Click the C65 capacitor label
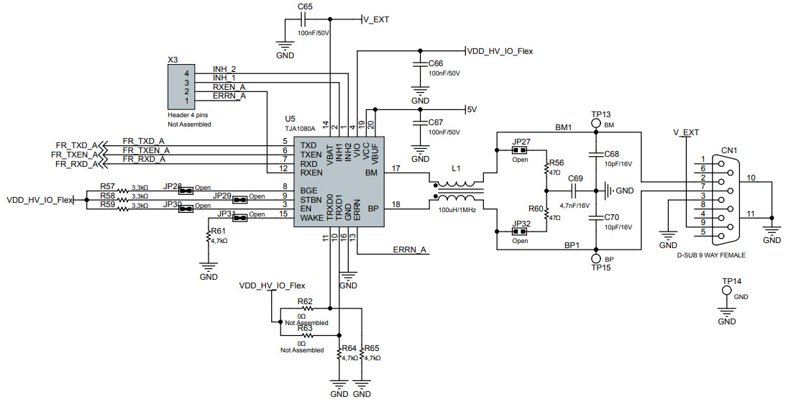pyautogui.click(x=305, y=6)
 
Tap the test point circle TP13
pyautogui.click(x=596, y=124)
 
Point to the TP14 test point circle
pyautogui.click(x=726, y=291)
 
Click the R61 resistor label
pyautogui.click(x=218, y=231)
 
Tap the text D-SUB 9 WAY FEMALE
pyautogui.click(x=710, y=255)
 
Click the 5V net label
pyautogui.click(x=472, y=110)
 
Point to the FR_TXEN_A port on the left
pyautogui.click(x=74, y=155)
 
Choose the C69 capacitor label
pyautogui.click(x=575, y=178)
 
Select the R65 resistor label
pyautogui.click(x=372, y=348)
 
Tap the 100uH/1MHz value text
pyautogui.click(x=458, y=210)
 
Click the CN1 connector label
pyautogui.click(x=729, y=150)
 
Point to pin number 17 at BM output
pyautogui.click(x=396, y=168)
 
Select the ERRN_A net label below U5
pyautogui.click(x=410, y=250)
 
